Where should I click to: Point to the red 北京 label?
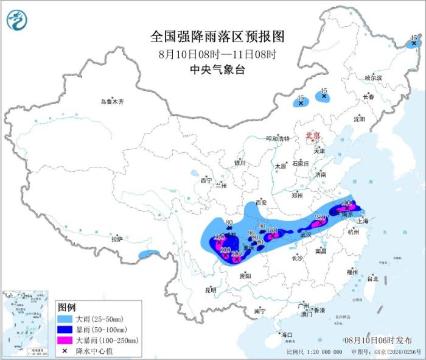(312, 135)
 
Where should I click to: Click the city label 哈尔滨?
(373, 78)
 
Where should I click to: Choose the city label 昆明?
(211, 289)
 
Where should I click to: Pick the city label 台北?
(372, 278)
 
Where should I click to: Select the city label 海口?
(286, 334)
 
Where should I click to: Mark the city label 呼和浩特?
(281, 138)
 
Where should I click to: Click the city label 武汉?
(306, 235)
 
